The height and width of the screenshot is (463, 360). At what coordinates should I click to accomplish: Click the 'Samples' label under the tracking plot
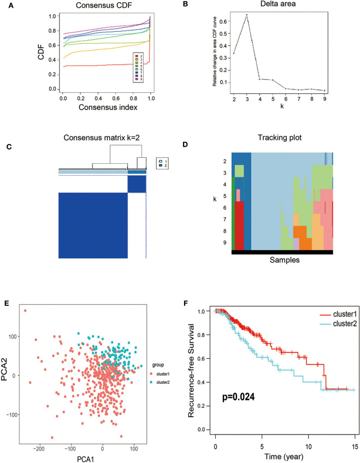[x=284, y=261]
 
